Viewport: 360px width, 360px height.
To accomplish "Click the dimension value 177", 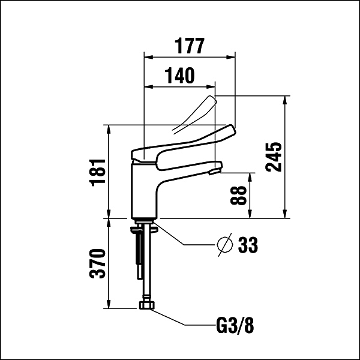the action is [190, 46].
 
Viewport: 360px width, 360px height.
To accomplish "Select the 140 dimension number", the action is [180, 75].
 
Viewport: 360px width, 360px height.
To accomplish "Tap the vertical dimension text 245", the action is [274, 157].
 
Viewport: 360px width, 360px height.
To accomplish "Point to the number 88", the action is [238, 196].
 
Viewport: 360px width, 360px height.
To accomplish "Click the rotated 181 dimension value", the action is [97, 172].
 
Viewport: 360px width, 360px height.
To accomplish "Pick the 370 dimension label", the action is [97, 263].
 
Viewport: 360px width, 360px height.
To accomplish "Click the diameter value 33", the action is [248, 245].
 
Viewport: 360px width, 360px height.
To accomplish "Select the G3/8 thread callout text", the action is [235, 325].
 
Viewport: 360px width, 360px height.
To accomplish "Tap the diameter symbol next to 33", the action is [225, 245].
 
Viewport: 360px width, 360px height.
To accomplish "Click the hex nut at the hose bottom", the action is [147, 305].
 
